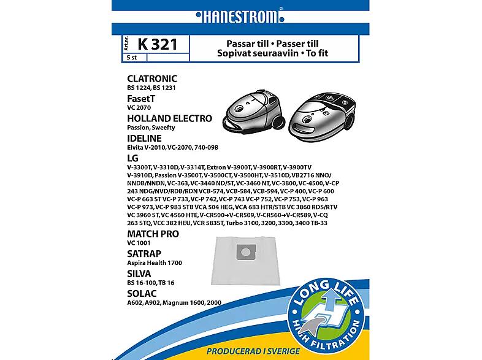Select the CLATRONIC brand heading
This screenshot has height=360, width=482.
pos(151,79)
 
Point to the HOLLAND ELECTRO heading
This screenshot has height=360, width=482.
pos(169,118)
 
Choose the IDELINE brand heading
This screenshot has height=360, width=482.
pos(143,138)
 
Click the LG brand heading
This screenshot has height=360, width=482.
pos(132,158)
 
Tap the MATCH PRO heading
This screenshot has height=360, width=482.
pos(152,233)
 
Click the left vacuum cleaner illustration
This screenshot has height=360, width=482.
pos(250,109)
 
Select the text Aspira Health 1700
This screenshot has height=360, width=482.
pos(155,262)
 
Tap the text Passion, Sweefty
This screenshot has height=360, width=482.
pos(151,128)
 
